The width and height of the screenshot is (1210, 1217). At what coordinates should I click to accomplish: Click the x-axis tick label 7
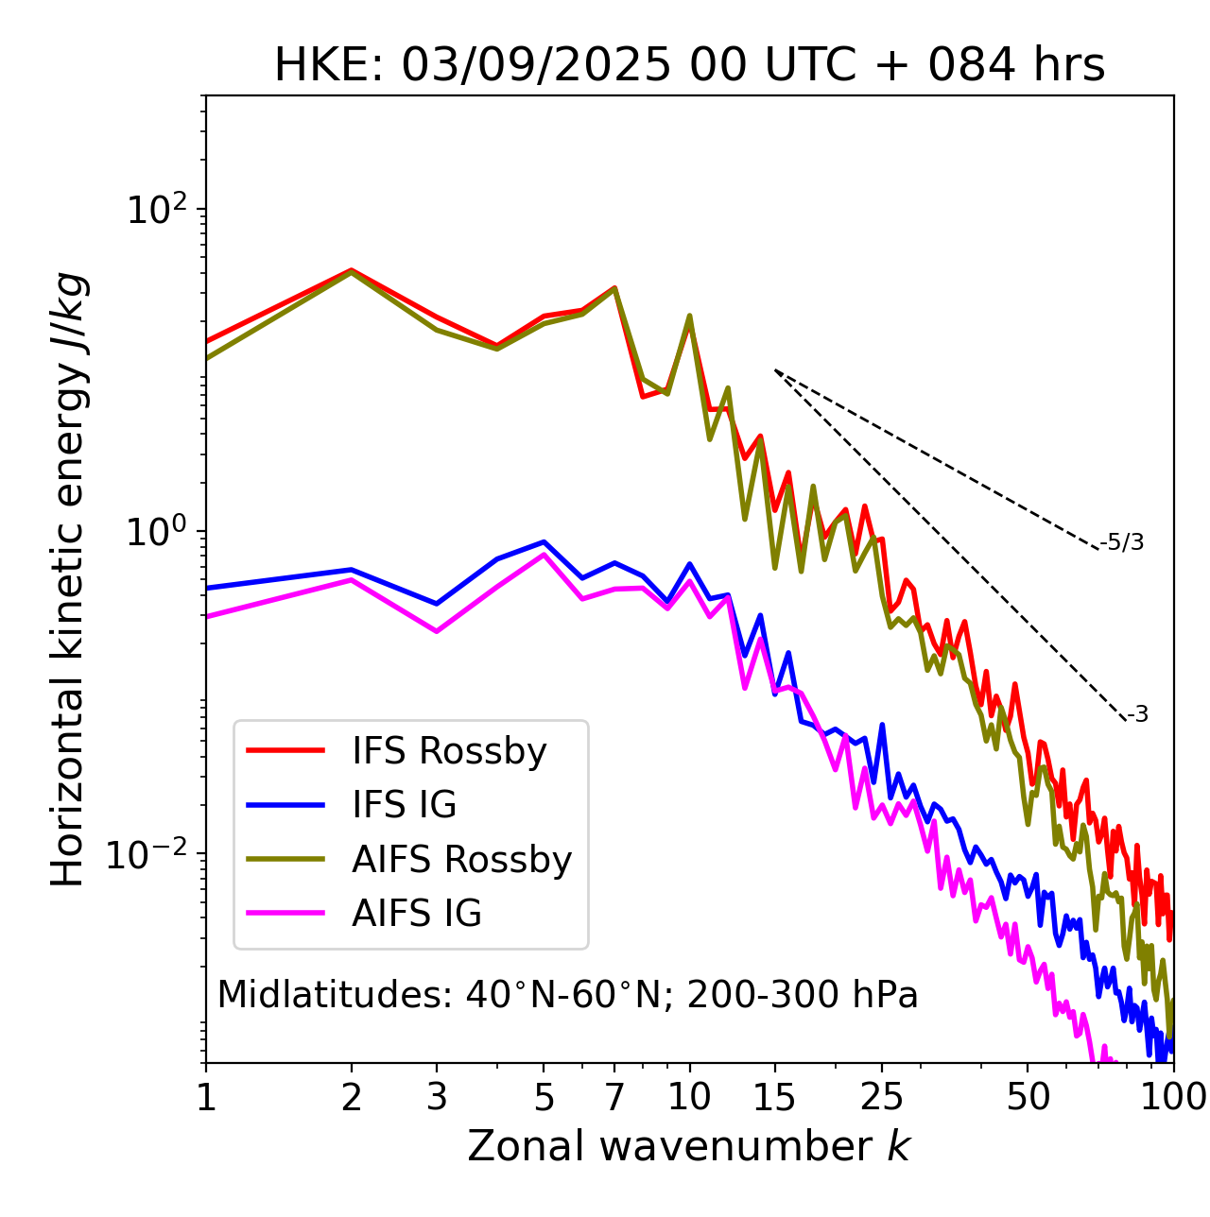tap(614, 1097)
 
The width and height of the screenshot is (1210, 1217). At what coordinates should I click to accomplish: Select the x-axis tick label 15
tap(774, 1097)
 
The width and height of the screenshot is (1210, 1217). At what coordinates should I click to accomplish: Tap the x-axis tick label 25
tap(881, 1097)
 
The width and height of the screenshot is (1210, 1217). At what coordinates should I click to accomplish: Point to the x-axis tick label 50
tap(1028, 1097)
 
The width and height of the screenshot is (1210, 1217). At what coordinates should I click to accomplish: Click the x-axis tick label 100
tap(1172, 1097)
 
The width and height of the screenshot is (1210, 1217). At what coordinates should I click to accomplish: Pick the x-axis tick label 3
tap(436, 1097)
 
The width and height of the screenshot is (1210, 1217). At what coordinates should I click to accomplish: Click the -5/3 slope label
tap(1122, 542)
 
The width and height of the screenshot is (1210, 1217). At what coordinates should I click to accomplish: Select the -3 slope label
tap(1137, 715)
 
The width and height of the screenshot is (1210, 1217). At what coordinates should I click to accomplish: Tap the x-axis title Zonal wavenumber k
tap(688, 1146)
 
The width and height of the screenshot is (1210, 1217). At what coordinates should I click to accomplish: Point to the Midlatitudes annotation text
tap(567, 995)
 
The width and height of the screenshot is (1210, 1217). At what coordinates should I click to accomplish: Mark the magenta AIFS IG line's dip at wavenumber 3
tap(436, 631)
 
